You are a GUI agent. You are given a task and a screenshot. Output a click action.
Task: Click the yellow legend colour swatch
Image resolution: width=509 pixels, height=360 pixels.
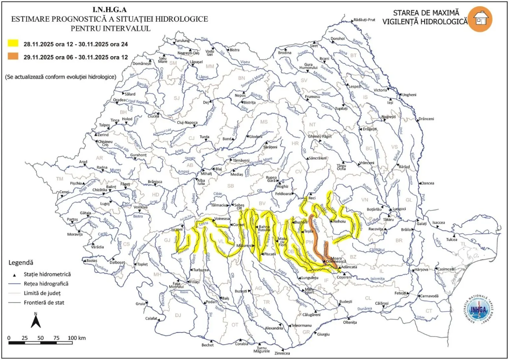(13, 43)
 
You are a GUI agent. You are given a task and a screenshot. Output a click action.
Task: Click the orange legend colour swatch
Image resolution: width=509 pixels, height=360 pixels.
(13, 56)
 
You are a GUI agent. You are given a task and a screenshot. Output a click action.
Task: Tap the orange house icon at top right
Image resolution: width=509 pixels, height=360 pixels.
(480, 19)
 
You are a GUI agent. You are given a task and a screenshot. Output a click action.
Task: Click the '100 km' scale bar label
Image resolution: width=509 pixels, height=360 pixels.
(77, 338)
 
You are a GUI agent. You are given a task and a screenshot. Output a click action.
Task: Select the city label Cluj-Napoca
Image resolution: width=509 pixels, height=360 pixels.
(187, 122)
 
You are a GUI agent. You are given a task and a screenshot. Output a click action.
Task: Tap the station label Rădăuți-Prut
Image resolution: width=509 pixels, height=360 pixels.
(364, 20)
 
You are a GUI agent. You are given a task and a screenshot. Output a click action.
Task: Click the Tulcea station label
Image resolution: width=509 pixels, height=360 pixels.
(452, 239)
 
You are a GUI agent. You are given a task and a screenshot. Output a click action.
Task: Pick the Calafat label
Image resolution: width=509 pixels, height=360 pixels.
(151, 318)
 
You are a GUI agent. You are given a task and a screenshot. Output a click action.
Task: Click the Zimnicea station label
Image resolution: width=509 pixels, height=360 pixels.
(282, 353)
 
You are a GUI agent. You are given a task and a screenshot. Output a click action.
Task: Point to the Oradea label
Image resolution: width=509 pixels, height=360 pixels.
(119, 100)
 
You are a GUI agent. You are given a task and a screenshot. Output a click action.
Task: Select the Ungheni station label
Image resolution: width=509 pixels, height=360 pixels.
(409, 95)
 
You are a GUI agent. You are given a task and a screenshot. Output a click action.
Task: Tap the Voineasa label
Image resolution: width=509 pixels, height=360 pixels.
(222, 219)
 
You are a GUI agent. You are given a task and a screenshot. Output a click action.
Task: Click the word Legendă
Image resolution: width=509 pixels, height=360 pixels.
(21, 263)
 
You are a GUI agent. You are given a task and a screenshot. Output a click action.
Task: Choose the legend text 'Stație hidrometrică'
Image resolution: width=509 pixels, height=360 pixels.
(47, 274)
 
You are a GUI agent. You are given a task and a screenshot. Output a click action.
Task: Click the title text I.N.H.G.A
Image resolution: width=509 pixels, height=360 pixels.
(110, 10)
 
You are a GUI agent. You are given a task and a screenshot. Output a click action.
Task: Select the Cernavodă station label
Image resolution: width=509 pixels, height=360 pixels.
(429, 296)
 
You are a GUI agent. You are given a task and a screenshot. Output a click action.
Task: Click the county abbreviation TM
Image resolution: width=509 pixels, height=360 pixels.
(60, 179)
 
